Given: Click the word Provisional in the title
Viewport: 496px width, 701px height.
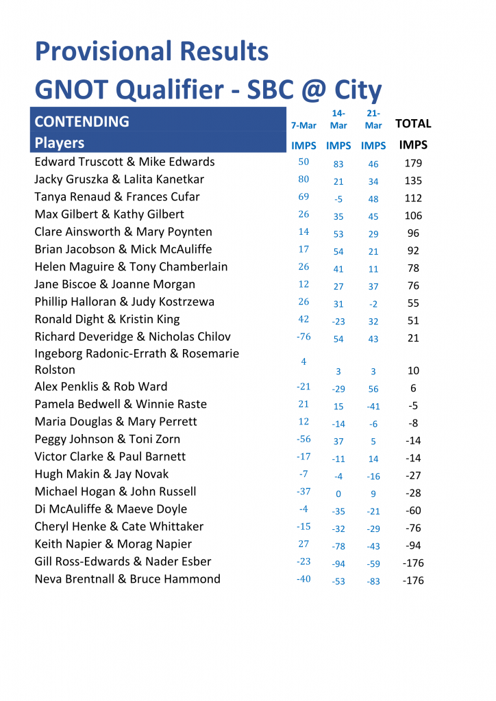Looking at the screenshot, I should click(103, 52).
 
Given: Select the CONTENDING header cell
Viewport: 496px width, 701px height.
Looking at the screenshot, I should click(82, 122).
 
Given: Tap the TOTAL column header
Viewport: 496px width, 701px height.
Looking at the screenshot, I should click(413, 124).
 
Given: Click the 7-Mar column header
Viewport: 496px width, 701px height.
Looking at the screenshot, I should click(303, 126).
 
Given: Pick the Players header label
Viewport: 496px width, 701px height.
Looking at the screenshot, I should click(60, 143).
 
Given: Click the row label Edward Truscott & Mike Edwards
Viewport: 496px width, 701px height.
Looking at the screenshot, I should click(125, 162).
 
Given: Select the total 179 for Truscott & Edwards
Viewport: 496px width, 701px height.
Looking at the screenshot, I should click(413, 164).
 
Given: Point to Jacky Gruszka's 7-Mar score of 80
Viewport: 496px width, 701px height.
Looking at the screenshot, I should click(303, 179).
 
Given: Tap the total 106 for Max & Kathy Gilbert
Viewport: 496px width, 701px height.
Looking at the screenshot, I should click(413, 216).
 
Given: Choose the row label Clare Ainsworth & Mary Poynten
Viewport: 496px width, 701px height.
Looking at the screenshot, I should click(123, 232).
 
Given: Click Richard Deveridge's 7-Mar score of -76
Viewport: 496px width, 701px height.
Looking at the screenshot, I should click(303, 337).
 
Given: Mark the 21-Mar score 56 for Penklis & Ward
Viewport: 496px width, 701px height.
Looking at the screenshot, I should click(373, 389).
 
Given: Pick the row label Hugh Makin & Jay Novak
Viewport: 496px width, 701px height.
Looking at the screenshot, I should click(101, 474).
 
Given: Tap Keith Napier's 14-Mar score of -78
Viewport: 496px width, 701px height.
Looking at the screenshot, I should click(338, 546).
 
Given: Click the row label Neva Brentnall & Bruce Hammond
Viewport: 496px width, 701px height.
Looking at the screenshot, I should click(127, 579).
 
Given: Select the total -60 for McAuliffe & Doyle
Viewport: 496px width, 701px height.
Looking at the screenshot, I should click(413, 511).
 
